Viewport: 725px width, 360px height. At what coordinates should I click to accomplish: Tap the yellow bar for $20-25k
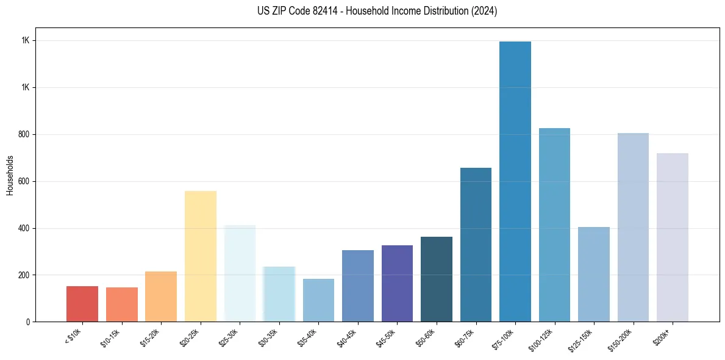coord(201,256)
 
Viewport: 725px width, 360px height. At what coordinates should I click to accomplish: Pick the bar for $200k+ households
coord(673,237)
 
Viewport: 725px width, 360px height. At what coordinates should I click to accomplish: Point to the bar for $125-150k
coord(594,275)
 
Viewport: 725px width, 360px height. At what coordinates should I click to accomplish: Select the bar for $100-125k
coord(554,225)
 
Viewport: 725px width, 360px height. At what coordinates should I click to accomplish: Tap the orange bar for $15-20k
coord(161,297)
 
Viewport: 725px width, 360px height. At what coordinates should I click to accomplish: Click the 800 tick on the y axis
coord(25,134)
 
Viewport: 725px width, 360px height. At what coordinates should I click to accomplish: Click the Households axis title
coord(10,175)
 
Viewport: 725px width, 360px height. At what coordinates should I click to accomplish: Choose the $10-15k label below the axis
coord(111,337)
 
